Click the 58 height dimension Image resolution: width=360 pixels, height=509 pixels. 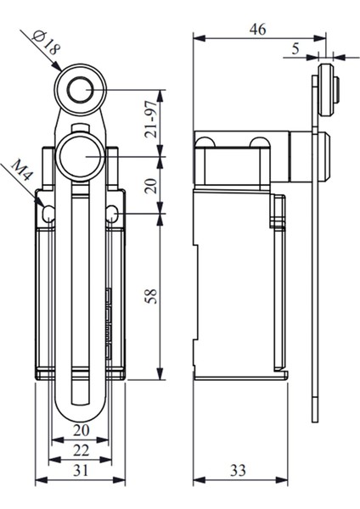click(x=152, y=296)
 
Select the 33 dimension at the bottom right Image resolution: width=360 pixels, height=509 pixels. click(x=239, y=470)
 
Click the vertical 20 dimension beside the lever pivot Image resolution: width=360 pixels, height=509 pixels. click(x=152, y=186)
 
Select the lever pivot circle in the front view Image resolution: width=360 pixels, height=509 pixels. click(x=81, y=156)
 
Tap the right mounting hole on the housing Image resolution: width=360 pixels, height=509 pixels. click(x=113, y=215)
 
